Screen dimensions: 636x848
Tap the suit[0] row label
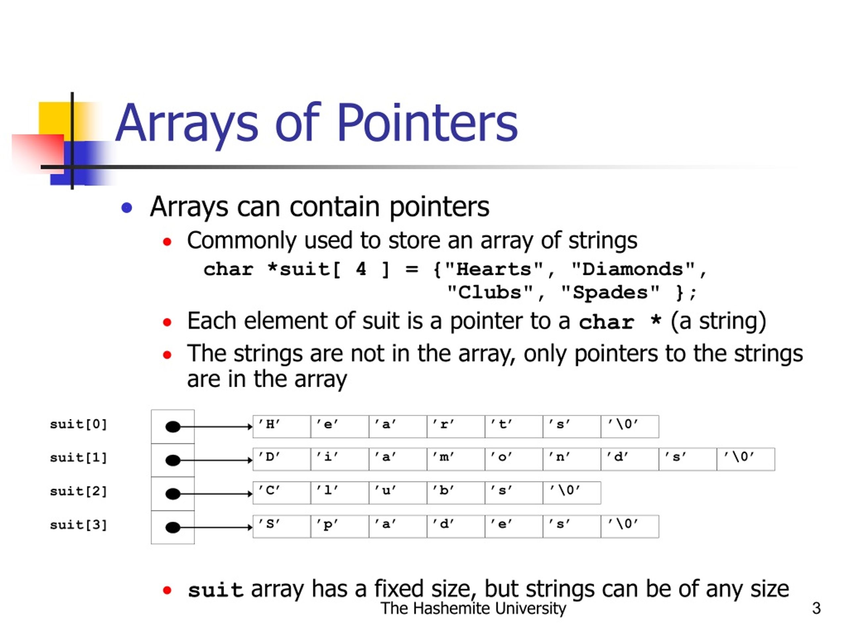point(78,424)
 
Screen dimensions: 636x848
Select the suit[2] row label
point(78,491)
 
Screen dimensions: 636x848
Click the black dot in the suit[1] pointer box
point(173,460)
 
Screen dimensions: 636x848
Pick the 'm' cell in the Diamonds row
point(455,459)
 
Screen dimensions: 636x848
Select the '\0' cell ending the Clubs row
point(572,493)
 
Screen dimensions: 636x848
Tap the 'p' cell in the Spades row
point(340,526)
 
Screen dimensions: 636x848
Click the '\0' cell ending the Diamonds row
point(745,459)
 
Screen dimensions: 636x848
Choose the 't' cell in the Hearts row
point(513,426)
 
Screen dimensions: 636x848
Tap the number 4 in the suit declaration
point(361,269)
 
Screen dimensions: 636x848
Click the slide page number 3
point(816,609)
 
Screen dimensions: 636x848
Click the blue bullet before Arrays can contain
point(127,208)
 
